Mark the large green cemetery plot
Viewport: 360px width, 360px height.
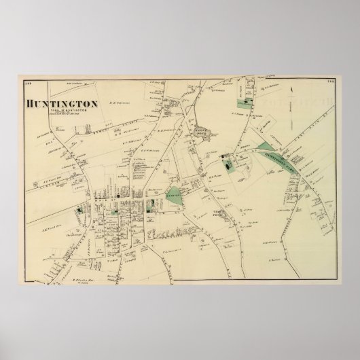click(175, 196)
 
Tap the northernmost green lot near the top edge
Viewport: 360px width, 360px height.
click(242, 103)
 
